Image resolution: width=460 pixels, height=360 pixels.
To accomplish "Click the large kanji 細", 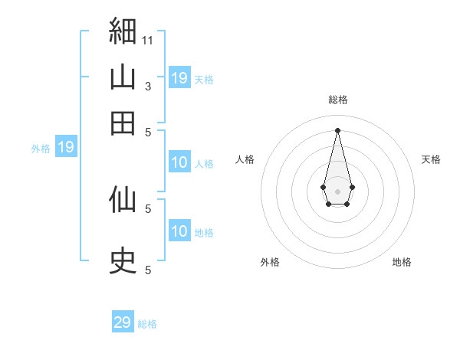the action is (x=123, y=31).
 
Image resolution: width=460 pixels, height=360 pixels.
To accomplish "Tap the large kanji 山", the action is (x=123, y=77).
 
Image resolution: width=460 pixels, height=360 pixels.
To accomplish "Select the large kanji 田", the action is (x=123, y=123).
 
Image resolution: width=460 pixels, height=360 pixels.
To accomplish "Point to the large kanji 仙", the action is (x=123, y=199).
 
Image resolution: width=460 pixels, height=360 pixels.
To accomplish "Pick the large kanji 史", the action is (x=123, y=260).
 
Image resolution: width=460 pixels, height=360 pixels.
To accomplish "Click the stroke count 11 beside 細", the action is (x=147, y=41).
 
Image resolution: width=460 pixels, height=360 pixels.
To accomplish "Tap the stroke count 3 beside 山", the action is (x=148, y=87).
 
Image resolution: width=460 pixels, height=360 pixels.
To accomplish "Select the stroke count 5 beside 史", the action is (x=148, y=270).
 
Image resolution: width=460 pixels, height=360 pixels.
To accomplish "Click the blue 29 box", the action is (x=123, y=321).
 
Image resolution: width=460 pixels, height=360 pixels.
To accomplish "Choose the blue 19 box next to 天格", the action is (x=179, y=77).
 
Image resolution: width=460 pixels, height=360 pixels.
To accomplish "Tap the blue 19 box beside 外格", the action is (x=66, y=146).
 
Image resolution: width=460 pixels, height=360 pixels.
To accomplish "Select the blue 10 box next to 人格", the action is (x=179, y=162).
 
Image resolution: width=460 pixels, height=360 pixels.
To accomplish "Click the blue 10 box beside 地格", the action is (x=179, y=230).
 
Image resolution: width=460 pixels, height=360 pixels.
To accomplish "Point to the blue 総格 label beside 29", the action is (x=147, y=324).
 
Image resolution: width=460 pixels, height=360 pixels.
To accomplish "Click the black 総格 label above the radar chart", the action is (x=338, y=100).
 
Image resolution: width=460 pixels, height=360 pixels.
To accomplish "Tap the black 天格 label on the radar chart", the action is (x=431, y=159).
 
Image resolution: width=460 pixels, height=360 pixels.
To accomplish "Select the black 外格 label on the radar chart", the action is (x=270, y=262).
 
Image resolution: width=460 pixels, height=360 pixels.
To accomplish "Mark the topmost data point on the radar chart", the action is (x=337, y=130).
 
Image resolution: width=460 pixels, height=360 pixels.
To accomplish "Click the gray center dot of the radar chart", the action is (x=337, y=191).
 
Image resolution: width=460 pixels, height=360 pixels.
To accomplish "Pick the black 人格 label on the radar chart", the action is (x=245, y=159).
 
